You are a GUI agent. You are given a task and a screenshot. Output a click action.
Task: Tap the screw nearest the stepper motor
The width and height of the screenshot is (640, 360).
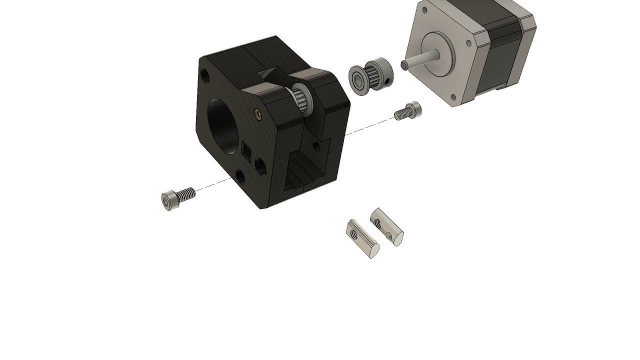pos(408,111)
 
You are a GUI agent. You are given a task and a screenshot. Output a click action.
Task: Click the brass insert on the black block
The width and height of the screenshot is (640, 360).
pos(257,114)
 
